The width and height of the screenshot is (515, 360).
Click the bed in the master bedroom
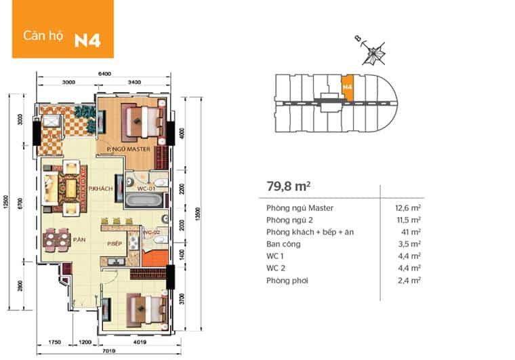point(141,118)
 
